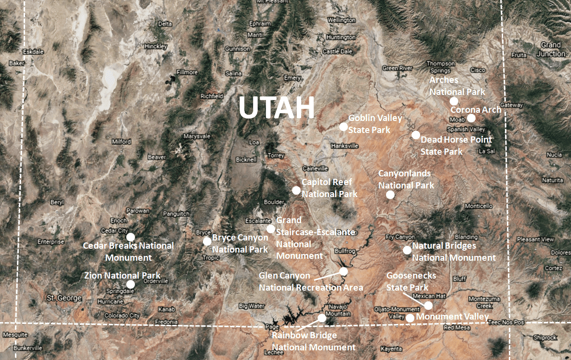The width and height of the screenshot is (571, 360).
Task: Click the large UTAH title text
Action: [277, 108]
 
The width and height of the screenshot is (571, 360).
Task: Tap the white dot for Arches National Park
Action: [453, 101]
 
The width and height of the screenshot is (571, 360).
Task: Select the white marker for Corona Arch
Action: [471, 118]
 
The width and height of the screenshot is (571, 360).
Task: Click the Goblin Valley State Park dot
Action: [343, 127]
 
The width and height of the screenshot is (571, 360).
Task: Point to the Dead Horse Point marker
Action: [416, 135]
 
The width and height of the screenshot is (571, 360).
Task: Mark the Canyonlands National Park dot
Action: [390, 195]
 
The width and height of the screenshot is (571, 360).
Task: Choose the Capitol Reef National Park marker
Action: [296, 190]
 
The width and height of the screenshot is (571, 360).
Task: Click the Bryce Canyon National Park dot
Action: [207, 241]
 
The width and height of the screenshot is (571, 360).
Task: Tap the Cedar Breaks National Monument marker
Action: [131, 237]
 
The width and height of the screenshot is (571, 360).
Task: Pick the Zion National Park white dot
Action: [131, 284]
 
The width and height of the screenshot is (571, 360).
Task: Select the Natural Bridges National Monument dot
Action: [407, 250]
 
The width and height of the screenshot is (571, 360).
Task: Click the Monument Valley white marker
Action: [410, 318]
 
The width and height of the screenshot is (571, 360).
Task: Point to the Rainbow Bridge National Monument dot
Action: [322, 318]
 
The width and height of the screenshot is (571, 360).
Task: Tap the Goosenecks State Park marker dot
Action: [428, 305]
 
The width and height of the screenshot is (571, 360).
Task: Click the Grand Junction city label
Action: [550, 49]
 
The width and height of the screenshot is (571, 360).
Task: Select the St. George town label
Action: [64, 298]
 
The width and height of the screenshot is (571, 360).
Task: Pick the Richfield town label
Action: [212, 96]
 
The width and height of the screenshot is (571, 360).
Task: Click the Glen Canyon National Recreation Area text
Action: [311, 282]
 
